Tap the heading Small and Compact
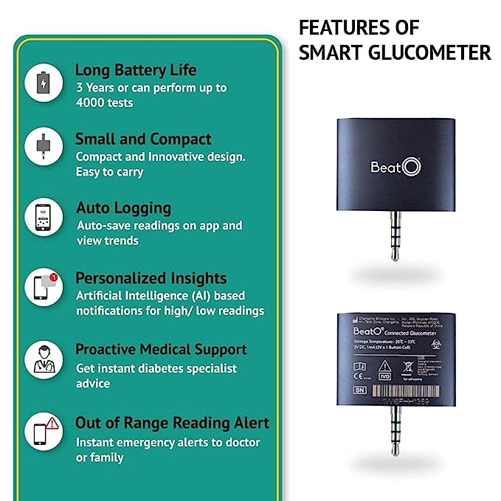tap(143, 139)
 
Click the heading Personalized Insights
tap(151, 278)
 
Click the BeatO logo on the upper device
tap(395, 167)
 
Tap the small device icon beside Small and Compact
tap(44, 148)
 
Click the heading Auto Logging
tap(123, 208)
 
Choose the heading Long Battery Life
tap(136, 70)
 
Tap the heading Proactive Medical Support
tap(161, 349)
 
